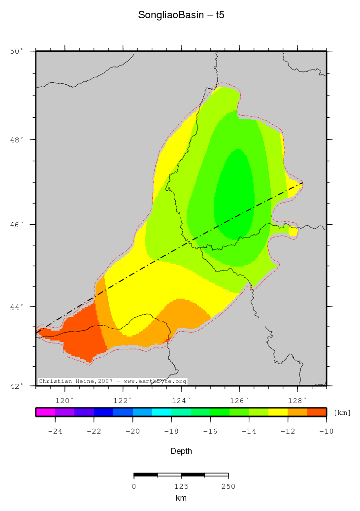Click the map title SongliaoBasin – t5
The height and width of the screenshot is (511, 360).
[181, 15]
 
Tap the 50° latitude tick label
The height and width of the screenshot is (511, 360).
[17, 51]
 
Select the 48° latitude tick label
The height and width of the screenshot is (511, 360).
[17, 140]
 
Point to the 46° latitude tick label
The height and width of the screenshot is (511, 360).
[17, 225]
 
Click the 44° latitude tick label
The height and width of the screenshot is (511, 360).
[17, 307]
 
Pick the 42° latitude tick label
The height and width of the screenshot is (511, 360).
[17, 386]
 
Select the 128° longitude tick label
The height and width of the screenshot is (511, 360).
[297, 400]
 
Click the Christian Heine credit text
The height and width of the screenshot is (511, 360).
[112, 381]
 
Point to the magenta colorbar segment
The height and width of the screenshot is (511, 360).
[45, 412]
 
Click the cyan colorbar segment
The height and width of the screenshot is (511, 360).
[162, 412]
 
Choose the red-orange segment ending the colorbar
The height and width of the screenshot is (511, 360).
[317, 412]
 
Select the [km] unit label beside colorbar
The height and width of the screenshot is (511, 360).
[342, 412]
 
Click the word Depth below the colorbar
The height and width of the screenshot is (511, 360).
[181, 451]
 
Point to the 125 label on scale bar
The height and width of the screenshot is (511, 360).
[181, 486]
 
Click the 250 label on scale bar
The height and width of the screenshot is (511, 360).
[228, 486]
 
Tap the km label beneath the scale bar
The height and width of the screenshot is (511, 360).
[181, 498]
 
